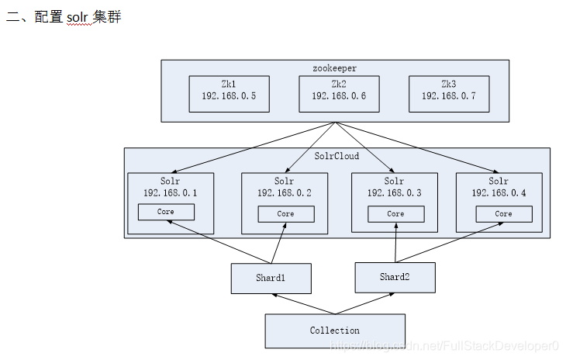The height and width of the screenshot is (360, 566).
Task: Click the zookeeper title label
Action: pos(335,68)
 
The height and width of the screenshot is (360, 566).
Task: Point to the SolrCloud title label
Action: pos(336,156)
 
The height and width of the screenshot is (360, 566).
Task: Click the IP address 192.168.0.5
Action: pos(229,96)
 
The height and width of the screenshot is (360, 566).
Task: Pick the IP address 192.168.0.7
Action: pos(448,96)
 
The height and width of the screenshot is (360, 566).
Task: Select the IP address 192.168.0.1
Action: pos(170,192)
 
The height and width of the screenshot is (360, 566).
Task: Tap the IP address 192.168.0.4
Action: pos(499,192)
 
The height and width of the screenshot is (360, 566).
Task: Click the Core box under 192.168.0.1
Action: pos(166,212)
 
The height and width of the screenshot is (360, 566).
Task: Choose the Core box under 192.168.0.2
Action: pos(285,213)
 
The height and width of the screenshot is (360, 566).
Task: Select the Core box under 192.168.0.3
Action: pos(395,213)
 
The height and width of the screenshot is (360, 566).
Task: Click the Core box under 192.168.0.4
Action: pos(504,213)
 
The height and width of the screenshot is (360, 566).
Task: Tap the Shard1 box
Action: pos(271,279)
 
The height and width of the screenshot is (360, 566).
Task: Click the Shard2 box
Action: pos(395,277)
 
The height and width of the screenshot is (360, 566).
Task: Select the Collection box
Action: pos(335,331)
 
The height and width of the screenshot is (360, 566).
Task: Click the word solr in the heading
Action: pos(78,17)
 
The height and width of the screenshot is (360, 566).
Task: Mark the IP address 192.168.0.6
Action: pos(339,96)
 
